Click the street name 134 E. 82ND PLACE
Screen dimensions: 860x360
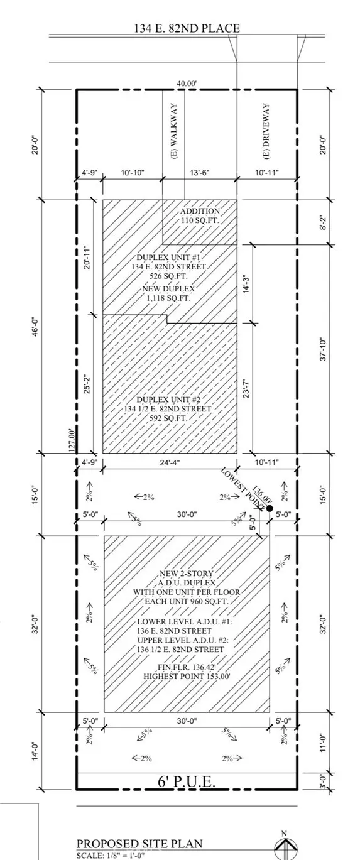187,28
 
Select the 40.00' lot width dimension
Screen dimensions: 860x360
187,84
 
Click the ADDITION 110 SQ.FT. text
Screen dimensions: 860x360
200,216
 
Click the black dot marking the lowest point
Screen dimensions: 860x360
269,508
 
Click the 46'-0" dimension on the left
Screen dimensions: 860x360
36,327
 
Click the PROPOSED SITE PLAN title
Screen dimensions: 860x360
139,843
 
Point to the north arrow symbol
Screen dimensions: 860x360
285,846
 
